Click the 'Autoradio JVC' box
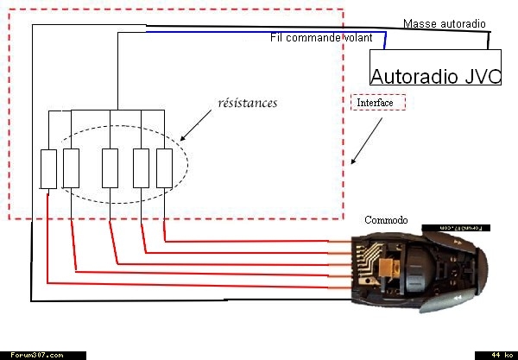435,67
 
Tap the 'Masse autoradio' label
444,23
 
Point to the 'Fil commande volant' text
321,38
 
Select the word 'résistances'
247,104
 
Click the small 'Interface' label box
378,103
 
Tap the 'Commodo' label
385,221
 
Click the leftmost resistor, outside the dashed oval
49,168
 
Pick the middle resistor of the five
110,167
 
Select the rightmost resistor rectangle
164,167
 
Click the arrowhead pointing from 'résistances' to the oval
183,138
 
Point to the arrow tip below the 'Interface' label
352,161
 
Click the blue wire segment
259,33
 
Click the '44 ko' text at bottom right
498,355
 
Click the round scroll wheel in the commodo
413,268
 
